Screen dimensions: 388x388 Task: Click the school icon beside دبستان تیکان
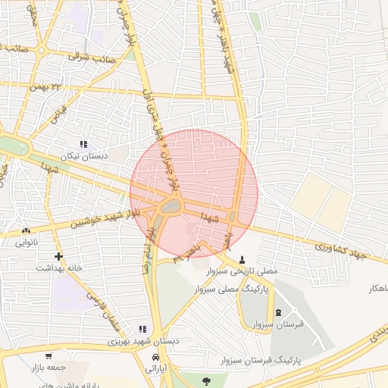pos(83,143)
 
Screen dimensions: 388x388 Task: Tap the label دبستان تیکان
pos(85,155)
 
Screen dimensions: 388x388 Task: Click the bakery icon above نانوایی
pos(27,230)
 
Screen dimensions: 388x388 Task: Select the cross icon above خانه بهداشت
pos(59,255)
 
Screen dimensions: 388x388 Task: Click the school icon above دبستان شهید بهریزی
pos(142,329)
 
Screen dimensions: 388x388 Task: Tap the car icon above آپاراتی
pos(155,357)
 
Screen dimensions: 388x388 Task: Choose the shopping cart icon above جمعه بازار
pos(48,355)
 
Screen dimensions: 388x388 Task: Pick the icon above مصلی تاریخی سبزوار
pos(242,258)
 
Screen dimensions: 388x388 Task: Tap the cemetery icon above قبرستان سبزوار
pos(277,313)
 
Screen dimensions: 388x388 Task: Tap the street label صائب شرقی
pos(92,56)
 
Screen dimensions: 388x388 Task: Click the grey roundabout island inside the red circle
pos(172,205)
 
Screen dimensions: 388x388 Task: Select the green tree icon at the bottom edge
pos(205,381)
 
